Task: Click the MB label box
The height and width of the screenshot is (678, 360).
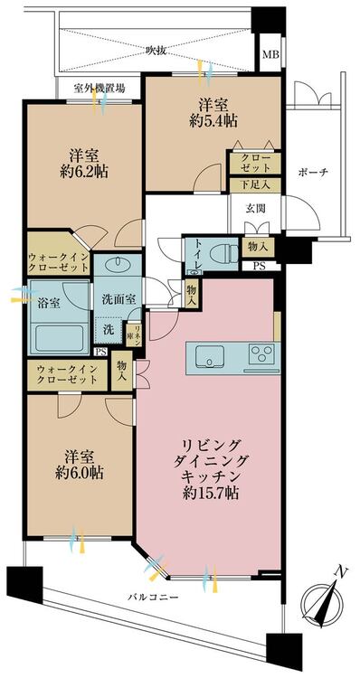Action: [270, 55]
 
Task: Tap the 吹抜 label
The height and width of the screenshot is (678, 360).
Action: [156, 51]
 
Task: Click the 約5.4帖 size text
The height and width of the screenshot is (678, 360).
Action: [213, 121]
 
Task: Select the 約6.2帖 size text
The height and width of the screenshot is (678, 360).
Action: [84, 172]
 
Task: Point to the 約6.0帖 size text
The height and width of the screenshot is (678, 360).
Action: [80, 473]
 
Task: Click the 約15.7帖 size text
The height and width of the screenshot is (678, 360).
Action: [211, 493]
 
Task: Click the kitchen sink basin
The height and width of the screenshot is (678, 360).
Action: [210, 357]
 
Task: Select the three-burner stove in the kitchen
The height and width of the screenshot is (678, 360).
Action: [261, 355]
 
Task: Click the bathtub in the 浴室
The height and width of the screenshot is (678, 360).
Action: [59, 338]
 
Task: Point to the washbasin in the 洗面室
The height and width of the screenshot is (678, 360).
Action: [117, 263]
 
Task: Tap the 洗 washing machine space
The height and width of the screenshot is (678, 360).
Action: [109, 330]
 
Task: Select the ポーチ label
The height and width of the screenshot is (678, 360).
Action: [313, 173]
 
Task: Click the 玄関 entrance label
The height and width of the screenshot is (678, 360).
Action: [255, 208]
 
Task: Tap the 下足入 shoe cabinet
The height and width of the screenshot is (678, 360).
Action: [255, 184]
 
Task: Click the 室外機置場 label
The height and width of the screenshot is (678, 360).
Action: [99, 89]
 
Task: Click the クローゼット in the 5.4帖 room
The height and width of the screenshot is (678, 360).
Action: [255, 163]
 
